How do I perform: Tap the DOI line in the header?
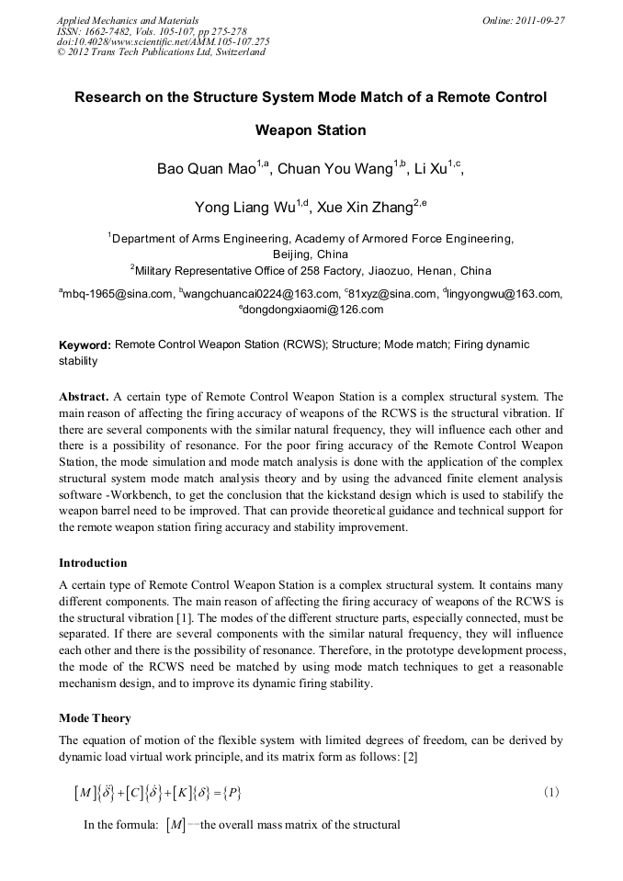tap(163, 41)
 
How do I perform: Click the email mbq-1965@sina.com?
tap(118, 294)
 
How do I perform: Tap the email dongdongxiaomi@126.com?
tap(313, 311)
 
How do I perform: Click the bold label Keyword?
tap(85, 345)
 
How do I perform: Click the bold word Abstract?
tap(84, 398)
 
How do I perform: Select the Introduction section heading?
tap(93, 563)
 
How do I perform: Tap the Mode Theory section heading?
tap(95, 718)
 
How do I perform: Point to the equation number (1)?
tap(549, 792)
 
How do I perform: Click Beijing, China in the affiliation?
tap(311, 254)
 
